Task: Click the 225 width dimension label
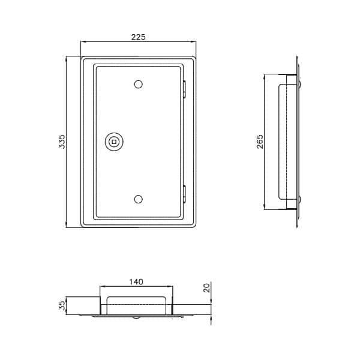click(138, 37)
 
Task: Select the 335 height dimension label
click(62, 142)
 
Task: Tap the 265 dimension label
click(260, 142)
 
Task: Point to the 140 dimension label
click(136, 282)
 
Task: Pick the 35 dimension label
click(62, 306)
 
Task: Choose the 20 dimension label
click(207, 288)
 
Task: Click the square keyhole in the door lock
click(114, 142)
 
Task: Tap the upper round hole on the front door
click(138, 84)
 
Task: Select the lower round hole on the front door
click(138, 199)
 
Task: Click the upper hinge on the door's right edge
click(184, 89)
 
